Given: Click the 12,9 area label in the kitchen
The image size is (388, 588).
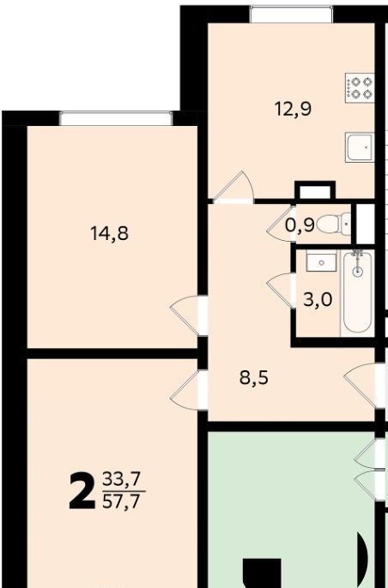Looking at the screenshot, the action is [x=293, y=109].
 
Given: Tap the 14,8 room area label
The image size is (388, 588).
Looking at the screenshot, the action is [x=110, y=233].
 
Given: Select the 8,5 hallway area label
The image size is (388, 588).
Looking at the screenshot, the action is [x=254, y=378].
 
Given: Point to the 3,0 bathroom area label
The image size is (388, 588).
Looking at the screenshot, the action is [x=318, y=300].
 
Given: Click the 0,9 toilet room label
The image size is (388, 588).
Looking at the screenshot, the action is [x=300, y=225].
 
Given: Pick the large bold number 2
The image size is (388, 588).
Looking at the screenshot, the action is [x=82, y=490].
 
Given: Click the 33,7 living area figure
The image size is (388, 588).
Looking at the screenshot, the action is [x=122, y=478].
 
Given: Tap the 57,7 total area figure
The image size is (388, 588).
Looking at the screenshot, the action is [x=122, y=501].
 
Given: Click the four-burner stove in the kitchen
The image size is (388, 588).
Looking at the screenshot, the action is [x=360, y=88].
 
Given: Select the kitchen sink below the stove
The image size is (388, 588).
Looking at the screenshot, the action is [x=360, y=147].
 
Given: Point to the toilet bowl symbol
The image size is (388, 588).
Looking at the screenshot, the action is [x=334, y=224].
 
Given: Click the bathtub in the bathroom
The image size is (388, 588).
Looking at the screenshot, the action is [x=358, y=292].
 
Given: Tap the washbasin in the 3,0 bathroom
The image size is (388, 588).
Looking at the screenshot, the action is [x=322, y=261].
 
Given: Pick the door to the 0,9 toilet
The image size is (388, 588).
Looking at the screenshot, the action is [x=281, y=224].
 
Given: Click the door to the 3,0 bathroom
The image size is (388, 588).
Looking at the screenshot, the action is [x=281, y=291].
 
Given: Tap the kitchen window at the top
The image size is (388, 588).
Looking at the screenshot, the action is [x=291, y=15].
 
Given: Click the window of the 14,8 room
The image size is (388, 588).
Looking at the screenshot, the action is [x=116, y=118].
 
